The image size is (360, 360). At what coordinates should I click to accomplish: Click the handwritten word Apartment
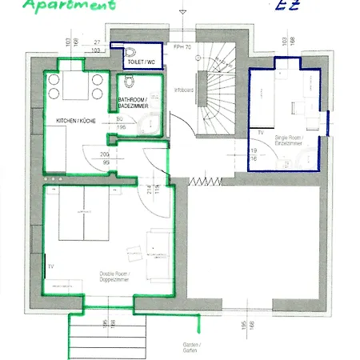tap(69, 6)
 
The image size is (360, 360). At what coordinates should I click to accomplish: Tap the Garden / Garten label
tap(191, 347)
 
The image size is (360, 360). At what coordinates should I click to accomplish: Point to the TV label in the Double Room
tap(50, 265)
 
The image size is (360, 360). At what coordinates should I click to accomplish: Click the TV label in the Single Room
tap(261, 130)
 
